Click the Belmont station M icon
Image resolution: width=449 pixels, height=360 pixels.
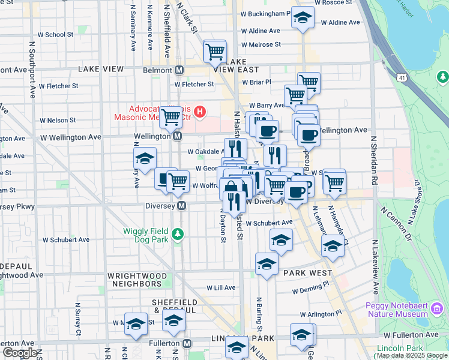(179, 70)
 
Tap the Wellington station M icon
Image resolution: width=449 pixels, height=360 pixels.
(178, 137)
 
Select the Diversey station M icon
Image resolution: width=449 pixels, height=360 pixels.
(181, 206)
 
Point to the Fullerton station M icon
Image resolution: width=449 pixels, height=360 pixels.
(187, 344)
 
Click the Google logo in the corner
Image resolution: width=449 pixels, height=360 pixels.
(19, 353)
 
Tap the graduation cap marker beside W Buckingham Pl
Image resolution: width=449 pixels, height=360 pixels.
(303, 18)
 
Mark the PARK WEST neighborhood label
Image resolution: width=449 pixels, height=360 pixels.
(307, 273)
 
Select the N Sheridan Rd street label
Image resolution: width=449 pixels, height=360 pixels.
(373, 159)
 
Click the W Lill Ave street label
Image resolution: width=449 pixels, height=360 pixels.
(221, 288)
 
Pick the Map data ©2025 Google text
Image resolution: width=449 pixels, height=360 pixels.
(411, 355)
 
